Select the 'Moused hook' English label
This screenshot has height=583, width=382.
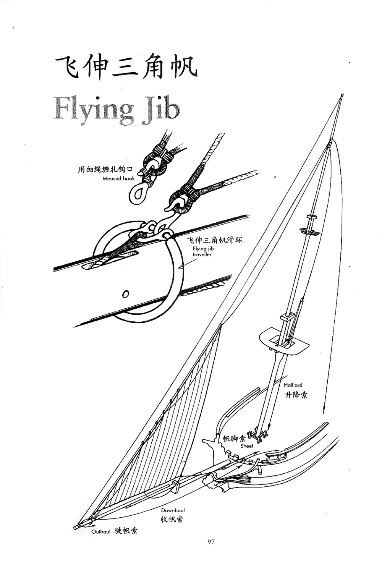click(118, 178)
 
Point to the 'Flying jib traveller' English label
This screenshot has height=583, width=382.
click(202, 251)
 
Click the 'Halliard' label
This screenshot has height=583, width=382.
click(293, 385)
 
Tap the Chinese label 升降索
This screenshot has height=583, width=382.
click(296, 395)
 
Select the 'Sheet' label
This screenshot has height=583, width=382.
click(247, 445)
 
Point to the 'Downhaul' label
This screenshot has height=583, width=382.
click(173, 510)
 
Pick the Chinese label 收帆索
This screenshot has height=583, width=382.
click(172, 519)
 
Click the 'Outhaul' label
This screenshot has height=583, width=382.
click(101, 531)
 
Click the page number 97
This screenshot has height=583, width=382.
click(212, 541)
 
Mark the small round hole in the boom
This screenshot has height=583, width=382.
click(125, 294)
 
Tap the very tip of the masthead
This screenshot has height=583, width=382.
click(342, 95)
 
